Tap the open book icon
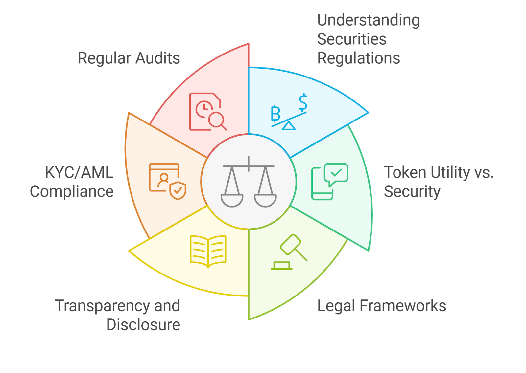point(208,251)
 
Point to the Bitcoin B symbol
point(275,114)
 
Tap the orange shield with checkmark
point(178,191)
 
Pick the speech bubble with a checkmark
point(336,173)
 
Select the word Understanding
point(368,20)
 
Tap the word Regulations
point(358,58)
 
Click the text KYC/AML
point(79,173)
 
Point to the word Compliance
point(72,192)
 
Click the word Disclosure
point(143,325)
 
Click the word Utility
point(450,173)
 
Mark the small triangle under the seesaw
point(289,126)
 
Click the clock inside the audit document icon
point(204,108)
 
